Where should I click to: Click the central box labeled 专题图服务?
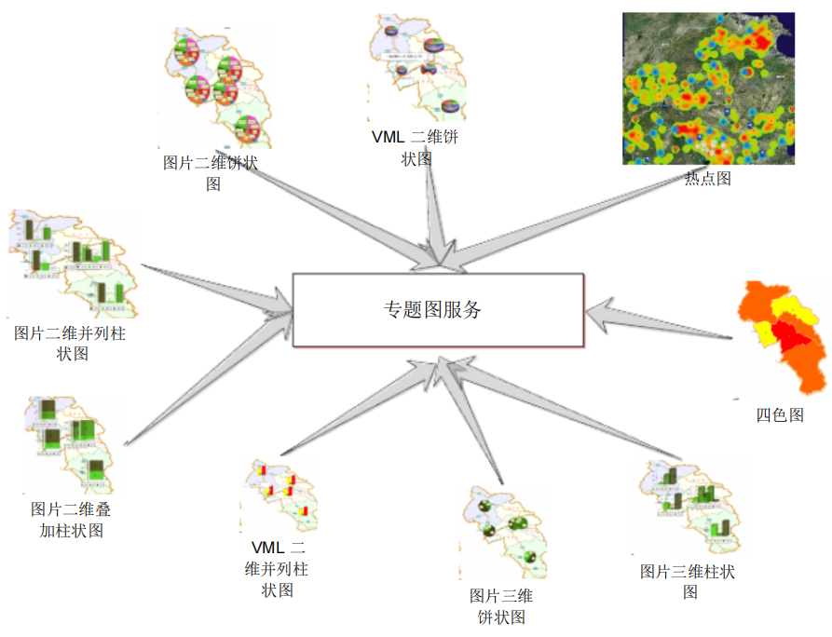[437, 309]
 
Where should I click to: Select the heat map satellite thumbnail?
[708, 88]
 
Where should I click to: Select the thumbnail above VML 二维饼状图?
[416, 67]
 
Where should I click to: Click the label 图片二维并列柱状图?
[71, 343]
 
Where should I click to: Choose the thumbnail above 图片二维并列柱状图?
[74, 265]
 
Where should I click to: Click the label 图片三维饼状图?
[501, 606]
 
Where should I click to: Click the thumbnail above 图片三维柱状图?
[690, 508]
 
